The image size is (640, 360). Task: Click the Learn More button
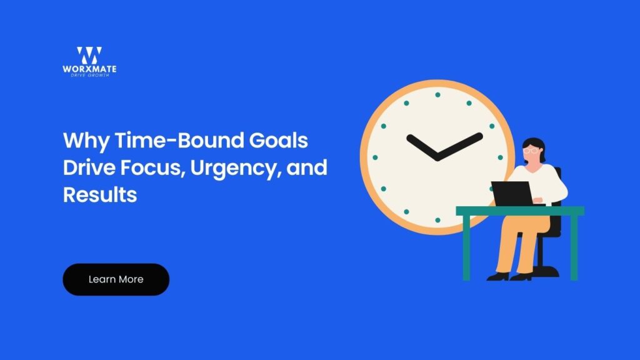[116, 279]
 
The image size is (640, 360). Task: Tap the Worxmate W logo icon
[89, 55]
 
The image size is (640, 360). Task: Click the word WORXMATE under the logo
[89, 69]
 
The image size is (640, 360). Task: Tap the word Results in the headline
[100, 194]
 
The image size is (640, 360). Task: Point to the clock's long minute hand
[461, 146]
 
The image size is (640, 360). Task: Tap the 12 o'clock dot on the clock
[437, 94]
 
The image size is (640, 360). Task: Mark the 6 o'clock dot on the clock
[437, 221]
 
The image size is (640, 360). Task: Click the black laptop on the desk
[511, 193]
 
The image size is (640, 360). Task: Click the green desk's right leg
[574, 247]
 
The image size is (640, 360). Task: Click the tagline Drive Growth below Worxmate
[89, 75]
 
